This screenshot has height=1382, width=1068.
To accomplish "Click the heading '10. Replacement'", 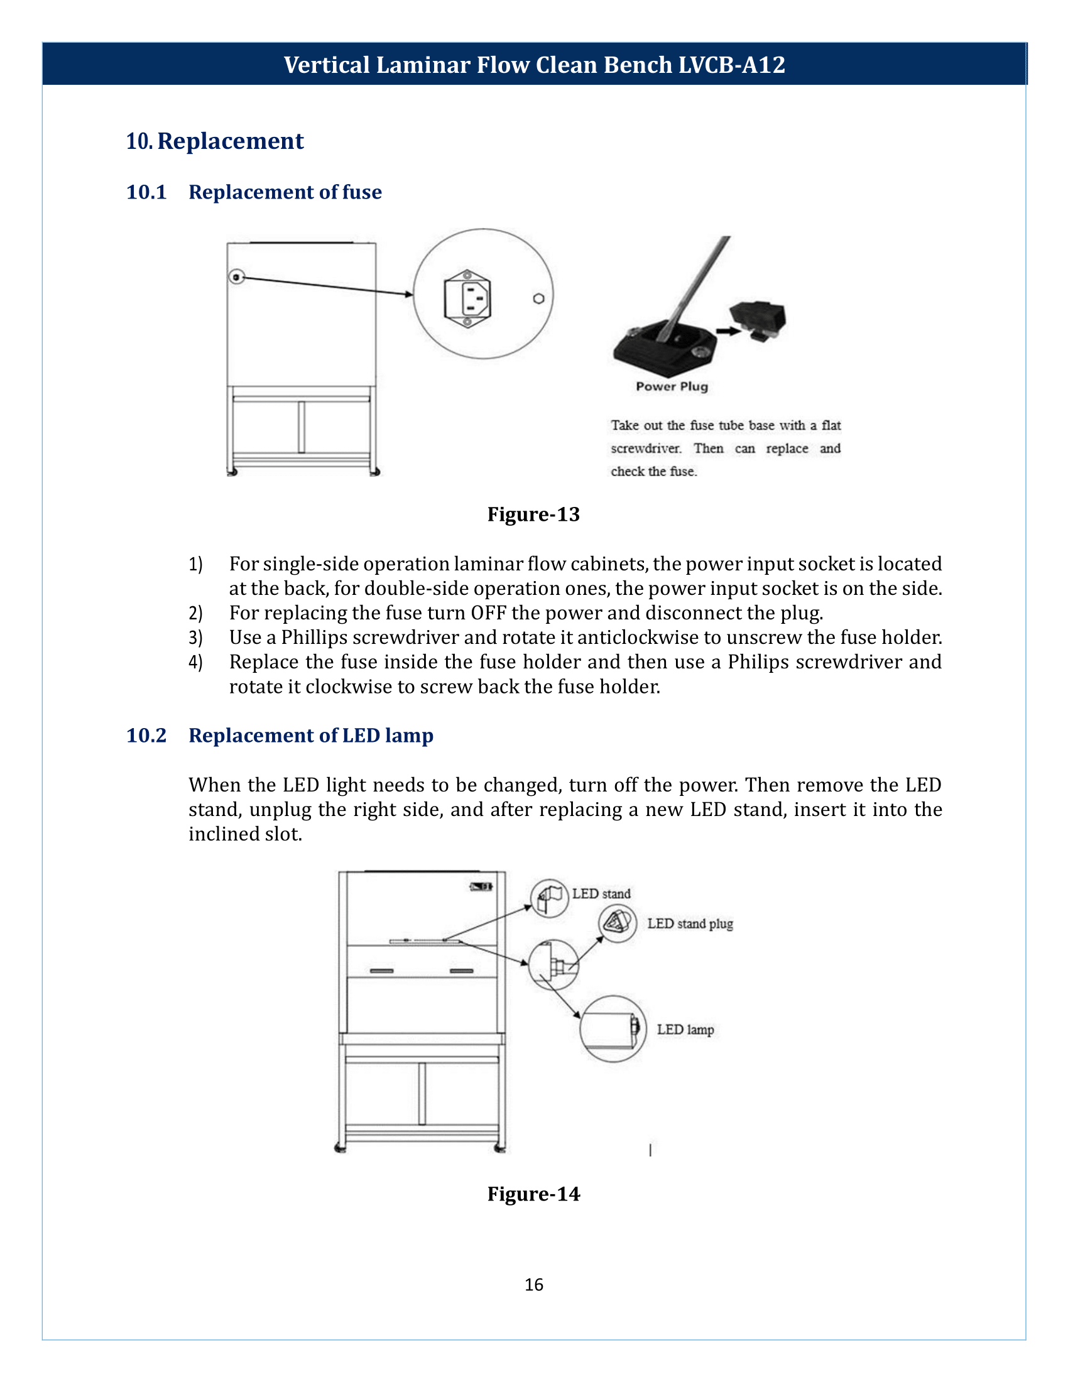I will (x=214, y=141).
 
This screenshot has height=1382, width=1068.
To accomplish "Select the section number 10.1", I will (x=146, y=192).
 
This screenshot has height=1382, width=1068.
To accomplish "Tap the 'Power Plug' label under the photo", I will (x=672, y=386).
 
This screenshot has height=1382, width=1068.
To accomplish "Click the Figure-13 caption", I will (x=533, y=514).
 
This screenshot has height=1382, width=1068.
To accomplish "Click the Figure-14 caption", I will (x=533, y=1194).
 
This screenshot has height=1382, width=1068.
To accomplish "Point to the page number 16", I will (x=533, y=1285).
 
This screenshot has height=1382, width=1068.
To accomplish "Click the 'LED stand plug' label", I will (x=690, y=924).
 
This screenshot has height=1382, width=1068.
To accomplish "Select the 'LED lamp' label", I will (x=685, y=1030).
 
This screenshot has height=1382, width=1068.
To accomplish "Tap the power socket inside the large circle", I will (x=467, y=298).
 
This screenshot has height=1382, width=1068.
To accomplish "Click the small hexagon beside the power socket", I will (x=538, y=298).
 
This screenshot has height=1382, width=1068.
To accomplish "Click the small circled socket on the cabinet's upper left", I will (x=236, y=277).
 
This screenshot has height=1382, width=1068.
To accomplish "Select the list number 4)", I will (x=195, y=662).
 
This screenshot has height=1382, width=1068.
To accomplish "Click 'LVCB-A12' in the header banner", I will (x=731, y=65).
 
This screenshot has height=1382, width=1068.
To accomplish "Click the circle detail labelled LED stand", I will (x=549, y=898).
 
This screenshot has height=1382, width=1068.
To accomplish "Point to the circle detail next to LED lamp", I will (x=613, y=1028).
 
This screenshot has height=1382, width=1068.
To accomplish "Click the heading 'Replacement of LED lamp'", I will (x=310, y=736).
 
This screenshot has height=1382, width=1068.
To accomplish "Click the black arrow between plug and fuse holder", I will (x=727, y=331).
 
